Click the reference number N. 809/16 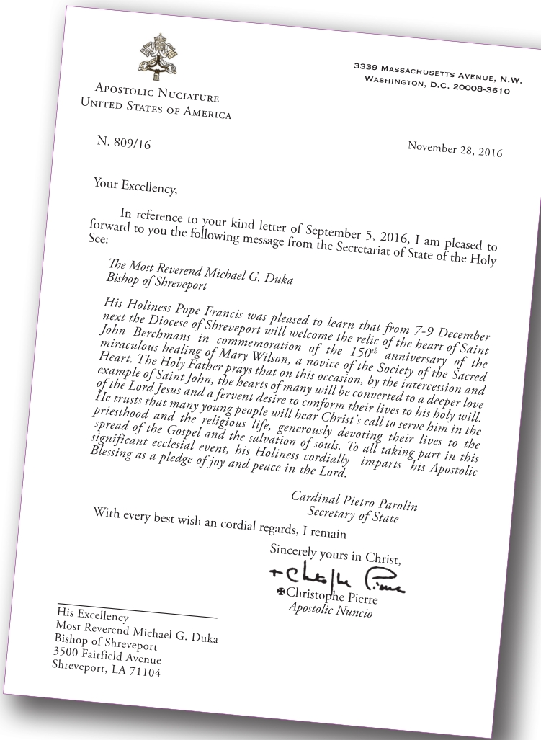click(x=124, y=143)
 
